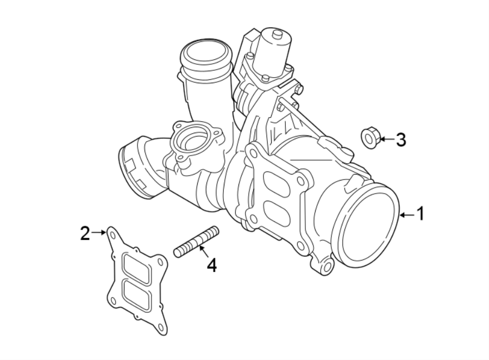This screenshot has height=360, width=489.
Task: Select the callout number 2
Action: coord(85,233)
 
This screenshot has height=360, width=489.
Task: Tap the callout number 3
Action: coord(400,140)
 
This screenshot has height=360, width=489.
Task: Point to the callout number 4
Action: coord(211,266)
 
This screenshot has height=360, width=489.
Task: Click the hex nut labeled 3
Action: coord(369,138)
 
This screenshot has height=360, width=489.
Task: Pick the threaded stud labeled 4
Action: coord(196,243)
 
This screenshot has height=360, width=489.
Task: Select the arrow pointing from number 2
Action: coord(99,233)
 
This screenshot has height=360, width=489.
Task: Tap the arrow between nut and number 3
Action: coord(385,139)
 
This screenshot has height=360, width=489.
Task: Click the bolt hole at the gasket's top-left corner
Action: coord(112,234)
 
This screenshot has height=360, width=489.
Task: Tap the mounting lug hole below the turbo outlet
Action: coord(327,267)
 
